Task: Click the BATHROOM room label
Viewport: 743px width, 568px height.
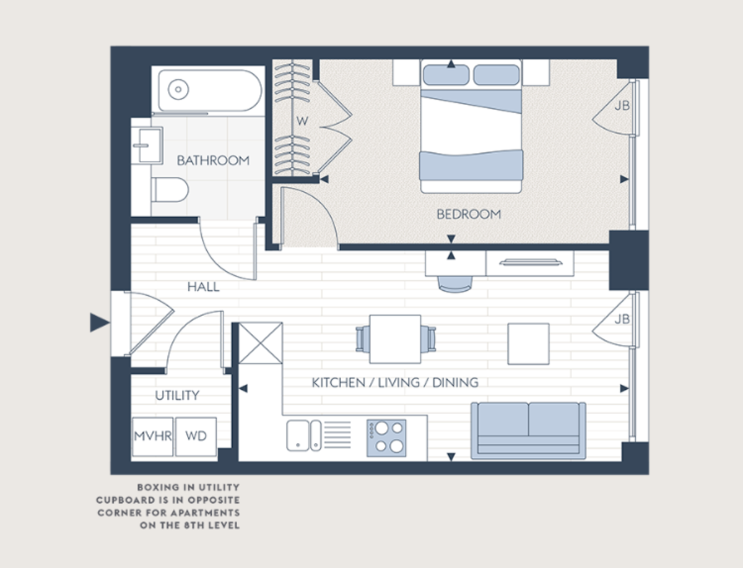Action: [x=213, y=161]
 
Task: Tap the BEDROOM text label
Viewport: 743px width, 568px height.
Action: [x=469, y=214]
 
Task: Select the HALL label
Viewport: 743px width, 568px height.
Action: [x=203, y=287]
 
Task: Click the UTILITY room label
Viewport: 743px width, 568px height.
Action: [x=177, y=395]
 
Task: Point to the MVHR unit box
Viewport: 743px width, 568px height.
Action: [x=152, y=436]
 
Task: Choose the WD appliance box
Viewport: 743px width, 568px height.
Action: [x=196, y=436]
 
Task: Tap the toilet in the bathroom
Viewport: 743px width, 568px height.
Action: [x=168, y=190]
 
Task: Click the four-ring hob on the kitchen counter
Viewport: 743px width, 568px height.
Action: [x=386, y=438]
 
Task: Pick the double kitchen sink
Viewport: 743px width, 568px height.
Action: [x=304, y=435]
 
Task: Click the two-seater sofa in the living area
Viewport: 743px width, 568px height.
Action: [x=528, y=430]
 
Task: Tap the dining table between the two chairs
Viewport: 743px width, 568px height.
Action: [x=395, y=339]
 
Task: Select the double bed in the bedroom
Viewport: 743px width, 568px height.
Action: [x=471, y=126]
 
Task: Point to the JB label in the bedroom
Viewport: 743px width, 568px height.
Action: [x=622, y=106]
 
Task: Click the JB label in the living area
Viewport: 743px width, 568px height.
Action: [x=622, y=319]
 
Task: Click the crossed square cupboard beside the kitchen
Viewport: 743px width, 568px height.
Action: [x=261, y=343]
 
